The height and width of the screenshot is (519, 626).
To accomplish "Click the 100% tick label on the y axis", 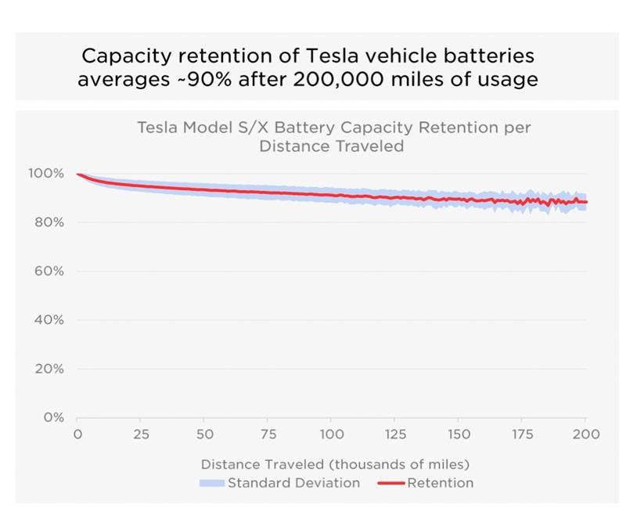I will pyautogui.click(x=49, y=173).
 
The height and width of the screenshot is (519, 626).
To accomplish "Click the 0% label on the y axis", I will pyautogui.click(x=54, y=417).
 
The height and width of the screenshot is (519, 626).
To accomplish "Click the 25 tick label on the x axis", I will pyautogui.click(x=141, y=434).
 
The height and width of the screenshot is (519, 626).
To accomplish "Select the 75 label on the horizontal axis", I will pyautogui.click(x=268, y=434).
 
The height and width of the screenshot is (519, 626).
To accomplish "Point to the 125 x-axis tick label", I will pyautogui.click(x=396, y=434).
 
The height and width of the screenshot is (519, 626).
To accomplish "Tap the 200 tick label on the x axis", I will pyautogui.click(x=586, y=434).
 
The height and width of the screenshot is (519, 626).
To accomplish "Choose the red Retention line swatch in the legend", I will pyautogui.click(x=390, y=483).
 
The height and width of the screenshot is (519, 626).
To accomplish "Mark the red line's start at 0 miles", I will pyautogui.click(x=77, y=174).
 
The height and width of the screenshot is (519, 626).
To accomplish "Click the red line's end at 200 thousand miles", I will pyautogui.click(x=586, y=202).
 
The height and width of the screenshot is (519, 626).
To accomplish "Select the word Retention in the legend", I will pyautogui.click(x=440, y=483).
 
